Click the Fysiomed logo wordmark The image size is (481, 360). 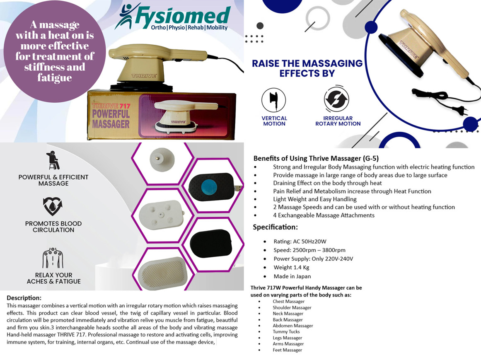(x=183, y=15)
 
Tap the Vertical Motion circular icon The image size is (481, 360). (x=273, y=100)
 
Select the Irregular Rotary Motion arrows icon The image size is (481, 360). (x=336, y=99)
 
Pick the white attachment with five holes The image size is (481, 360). (x=162, y=215)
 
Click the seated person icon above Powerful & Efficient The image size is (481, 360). (x=53, y=160)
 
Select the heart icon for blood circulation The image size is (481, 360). (x=53, y=206)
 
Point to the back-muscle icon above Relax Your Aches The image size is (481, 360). (x=53, y=258)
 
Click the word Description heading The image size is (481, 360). (x=24, y=298)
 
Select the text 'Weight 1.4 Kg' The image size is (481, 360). (x=291, y=267)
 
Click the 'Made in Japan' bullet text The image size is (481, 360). (x=292, y=276)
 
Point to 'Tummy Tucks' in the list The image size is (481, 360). (x=286, y=331)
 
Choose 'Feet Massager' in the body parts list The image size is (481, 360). (x=288, y=350)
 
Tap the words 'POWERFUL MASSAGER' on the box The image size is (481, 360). (x=111, y=119)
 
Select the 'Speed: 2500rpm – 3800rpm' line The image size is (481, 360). (x=309, y=250)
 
